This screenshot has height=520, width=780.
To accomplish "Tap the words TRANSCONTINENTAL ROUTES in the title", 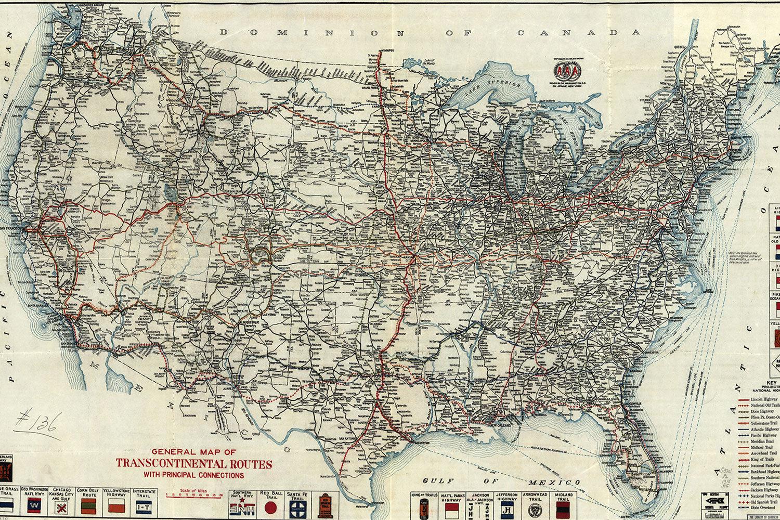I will click(x=193, y=463).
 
